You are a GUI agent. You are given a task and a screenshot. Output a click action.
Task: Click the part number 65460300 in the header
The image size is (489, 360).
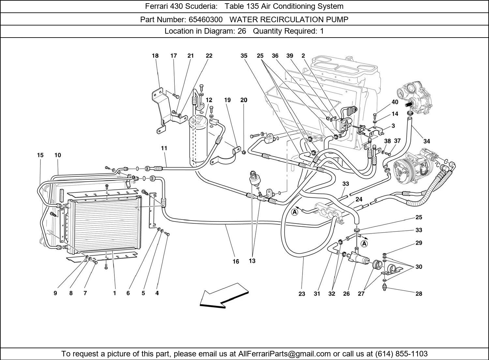205,20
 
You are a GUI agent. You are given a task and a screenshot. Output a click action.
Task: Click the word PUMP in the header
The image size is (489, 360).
337,20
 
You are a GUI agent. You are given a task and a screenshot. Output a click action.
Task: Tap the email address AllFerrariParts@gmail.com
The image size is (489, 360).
285,354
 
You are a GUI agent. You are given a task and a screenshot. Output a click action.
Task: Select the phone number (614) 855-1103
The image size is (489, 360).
401,354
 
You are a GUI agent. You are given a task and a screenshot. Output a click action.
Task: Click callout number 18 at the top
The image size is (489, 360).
155,56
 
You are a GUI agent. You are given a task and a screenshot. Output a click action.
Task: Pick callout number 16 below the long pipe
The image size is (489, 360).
236,261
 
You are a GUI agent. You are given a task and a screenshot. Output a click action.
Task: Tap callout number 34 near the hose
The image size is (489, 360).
426,141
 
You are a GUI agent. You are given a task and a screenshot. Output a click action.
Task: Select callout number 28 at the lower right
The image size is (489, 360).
419,294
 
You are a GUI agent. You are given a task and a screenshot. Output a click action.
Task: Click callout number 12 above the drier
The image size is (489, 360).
209,100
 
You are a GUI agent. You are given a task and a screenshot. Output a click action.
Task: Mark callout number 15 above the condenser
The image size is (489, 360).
40,155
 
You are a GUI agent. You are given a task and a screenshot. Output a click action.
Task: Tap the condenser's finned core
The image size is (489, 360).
104,225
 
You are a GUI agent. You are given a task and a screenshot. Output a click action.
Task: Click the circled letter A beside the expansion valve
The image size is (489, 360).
295,212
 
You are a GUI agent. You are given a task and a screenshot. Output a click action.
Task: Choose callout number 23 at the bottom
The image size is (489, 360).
302,294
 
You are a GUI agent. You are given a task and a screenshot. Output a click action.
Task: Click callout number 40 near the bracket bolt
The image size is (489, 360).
395,102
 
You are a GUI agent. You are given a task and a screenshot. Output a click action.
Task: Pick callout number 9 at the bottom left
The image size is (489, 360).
55,293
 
